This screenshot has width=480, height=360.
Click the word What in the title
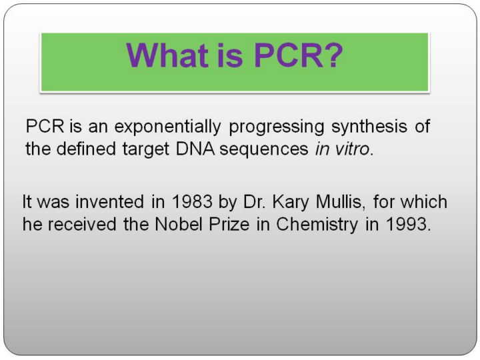click(x=167, y=55)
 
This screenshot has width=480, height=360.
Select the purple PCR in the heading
click(x=289, y=55)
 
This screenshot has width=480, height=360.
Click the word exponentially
click(x=167, y=127)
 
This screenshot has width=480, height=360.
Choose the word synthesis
click(x=369, y=127)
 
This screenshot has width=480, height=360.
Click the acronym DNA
click(x=195, y=149)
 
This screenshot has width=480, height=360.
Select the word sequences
click(x=264, y=150)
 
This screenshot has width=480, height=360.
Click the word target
click(x=146, y=150)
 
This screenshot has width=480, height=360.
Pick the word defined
click(x=86, y=149)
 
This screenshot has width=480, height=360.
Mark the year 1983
click(x=192, y=202)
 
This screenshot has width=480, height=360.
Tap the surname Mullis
click(x=338, y=202)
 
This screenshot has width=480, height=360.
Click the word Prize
click(x=229, y=224)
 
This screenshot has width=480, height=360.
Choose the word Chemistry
click(x=317, y=225)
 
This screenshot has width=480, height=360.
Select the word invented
click(x=109, y=202)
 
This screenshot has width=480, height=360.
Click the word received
click(x=82, y=224)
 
